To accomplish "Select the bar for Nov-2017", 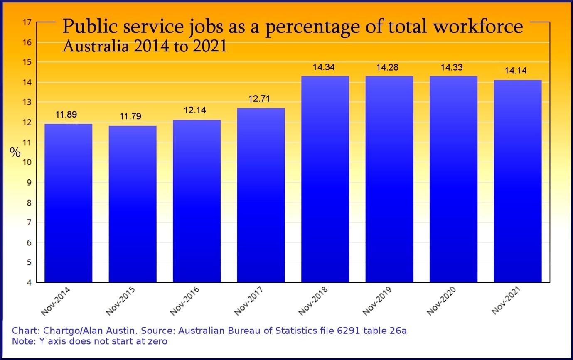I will point(261,195).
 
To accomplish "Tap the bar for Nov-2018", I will point(325,179).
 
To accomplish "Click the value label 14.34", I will point(324,67).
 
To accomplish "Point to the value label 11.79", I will point(130,116).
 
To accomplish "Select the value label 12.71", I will point(259,99).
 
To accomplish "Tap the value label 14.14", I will point(515,71).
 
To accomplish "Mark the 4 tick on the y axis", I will point(29,282).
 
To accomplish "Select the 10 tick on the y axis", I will point(27,162).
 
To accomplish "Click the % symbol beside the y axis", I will point(15,152).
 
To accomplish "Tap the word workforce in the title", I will point(478,27).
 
